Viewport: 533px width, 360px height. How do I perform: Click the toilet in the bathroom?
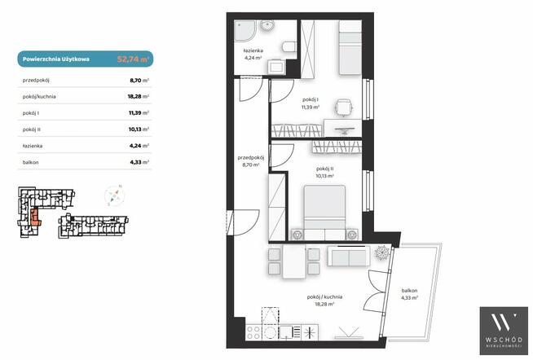[x=289, y=47]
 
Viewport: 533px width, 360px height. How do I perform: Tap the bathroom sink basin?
[x=267, y=26]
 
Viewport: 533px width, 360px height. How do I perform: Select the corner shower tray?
[x=243, y=31]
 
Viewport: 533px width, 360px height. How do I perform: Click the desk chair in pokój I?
[x=344, y=108]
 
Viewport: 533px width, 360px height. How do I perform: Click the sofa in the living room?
[x=349, y=256]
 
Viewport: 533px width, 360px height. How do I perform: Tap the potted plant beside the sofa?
[x=381, y=252]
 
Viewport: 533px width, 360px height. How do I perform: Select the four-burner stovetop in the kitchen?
[x=253, y=332]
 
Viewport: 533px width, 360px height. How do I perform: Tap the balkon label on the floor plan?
[x=409, y=291]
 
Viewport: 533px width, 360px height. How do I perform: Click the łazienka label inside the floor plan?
[x=253, y=50]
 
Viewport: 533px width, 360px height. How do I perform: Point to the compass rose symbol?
[x=115, y=195]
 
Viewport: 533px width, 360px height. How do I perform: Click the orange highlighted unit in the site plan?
[x=35, y=217]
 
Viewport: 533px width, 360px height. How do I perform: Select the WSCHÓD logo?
[x=504, y=331]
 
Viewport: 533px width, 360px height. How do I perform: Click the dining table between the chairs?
[x=294, y=261]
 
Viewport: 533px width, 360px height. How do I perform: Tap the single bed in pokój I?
[x=350, y=47]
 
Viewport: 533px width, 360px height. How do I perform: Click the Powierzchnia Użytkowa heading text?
[x=56, y=59]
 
